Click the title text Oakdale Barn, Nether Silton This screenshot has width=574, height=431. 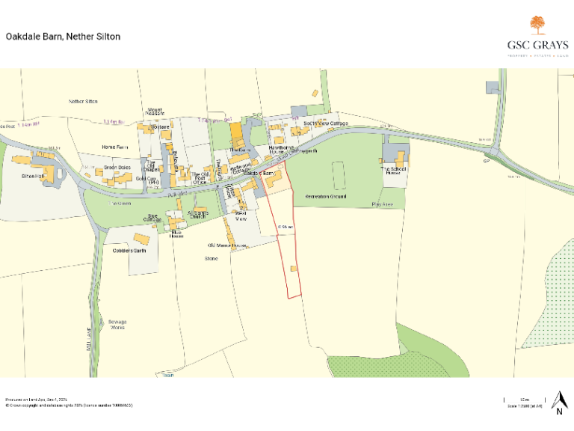(63, 36)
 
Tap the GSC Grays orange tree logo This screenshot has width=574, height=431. (537, 25)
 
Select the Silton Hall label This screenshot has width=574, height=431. (34, 173)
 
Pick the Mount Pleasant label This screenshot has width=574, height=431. (155, 113)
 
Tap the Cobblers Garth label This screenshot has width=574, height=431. (130, 251)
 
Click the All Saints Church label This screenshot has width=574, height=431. (197, 215)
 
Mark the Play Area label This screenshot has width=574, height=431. (382, 204)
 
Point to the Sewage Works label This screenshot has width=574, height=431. (117, 324)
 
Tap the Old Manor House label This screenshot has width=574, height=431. (227, 245)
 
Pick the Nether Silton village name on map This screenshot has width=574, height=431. (83, 101)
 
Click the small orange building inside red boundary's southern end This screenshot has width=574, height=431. (294, 267)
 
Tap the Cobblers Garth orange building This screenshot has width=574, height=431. (141, 238)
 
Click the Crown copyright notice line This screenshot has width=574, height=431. (69, 405)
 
